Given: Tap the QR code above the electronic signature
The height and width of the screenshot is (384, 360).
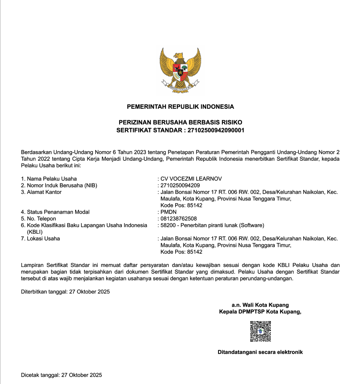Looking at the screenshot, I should click(260, 331).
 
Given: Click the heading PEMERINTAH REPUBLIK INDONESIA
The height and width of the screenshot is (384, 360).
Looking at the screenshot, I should click(180, 107).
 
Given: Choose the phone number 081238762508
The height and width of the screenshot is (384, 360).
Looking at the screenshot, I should click(179, 218).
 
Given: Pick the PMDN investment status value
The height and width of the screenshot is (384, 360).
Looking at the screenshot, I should click(169, 212).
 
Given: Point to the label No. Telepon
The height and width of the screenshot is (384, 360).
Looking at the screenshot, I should click(42, 218).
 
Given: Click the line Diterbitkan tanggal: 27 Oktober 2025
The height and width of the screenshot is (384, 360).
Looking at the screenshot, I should click(66, 291).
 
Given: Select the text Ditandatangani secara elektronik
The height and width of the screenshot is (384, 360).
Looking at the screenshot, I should click(260, 352).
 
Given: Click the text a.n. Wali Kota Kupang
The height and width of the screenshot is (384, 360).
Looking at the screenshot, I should click(260, 305).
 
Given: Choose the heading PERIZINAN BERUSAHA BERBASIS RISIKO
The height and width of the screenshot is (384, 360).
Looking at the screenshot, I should click(180, 123).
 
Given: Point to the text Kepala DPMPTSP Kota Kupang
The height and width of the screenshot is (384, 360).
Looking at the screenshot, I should click(260, 312).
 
